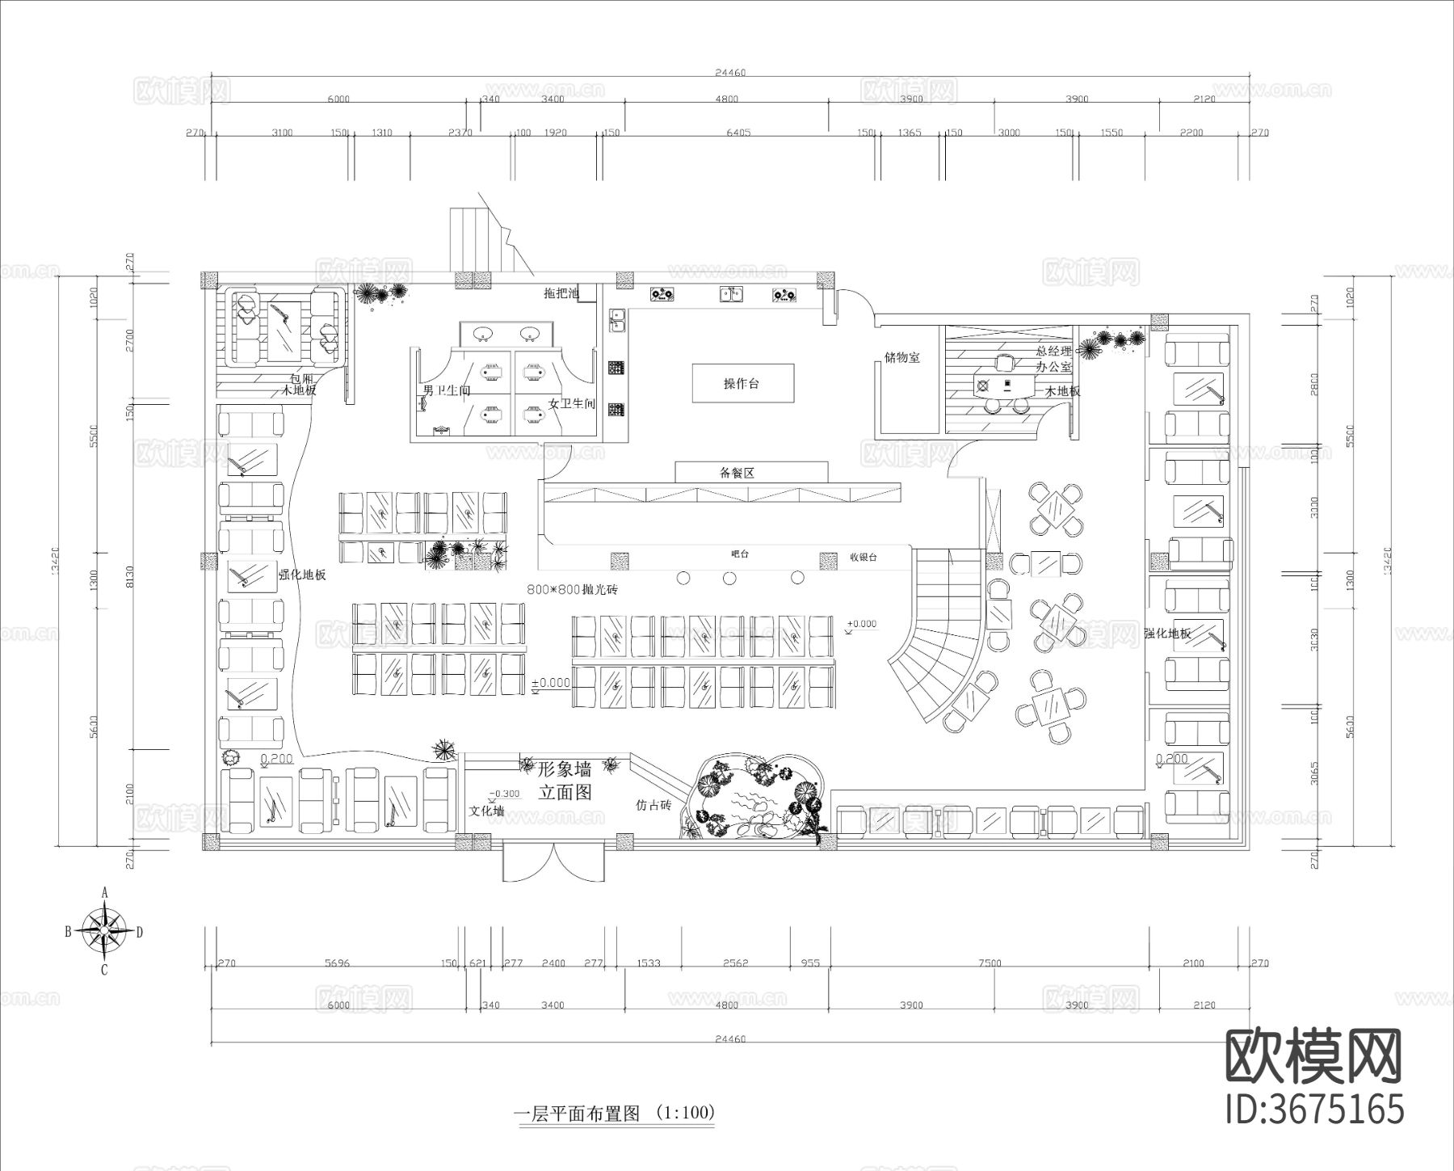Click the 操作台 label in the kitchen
[x=742, y=384]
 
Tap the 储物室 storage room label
[x=901, y=357]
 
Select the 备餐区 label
[x=737, y=473]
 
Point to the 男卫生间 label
[x=447, y=391]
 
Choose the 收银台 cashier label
[x=863, y=557]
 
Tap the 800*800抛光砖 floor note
[x=572, y=590]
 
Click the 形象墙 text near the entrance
[x=564, y=769]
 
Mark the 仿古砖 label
[x=653, y=805]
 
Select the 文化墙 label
[x=487, y=810]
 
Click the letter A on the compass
[x=104, y=893]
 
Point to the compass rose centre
[x=104, y=931]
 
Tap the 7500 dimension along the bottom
[x=990, y=962]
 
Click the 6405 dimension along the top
[x=738, y=133]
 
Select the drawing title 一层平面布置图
[x=577, y=1114]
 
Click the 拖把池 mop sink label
[x=561, y=293]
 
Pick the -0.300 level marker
[x=504, y=794]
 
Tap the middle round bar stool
[x=729, y=578]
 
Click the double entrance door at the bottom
[x=553, y=861]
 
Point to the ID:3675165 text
[x=1315, y=1110]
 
